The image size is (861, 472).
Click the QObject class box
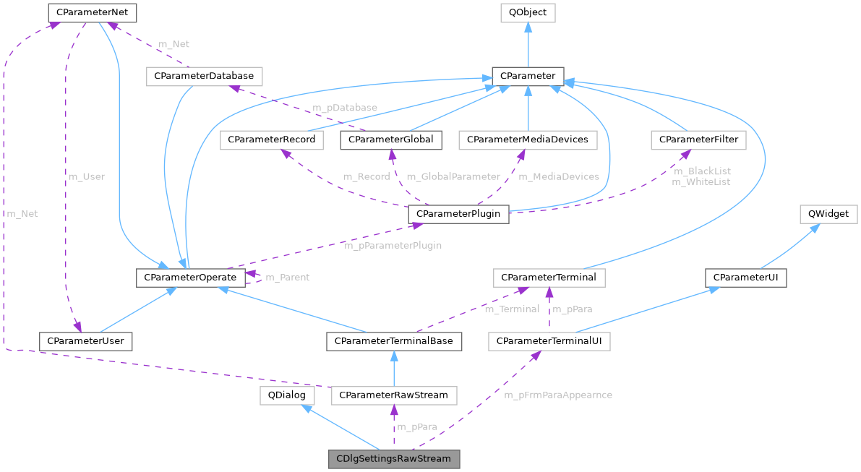(528, 12)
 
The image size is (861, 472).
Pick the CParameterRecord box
(272, 140)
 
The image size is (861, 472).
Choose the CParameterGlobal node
(391, 140)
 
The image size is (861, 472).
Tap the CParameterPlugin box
(459, 214)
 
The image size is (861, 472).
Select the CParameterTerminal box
(549, 278)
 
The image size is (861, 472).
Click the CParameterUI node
(746, 278)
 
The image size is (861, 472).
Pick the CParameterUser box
(87, 340)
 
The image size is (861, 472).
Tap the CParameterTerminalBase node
(393, 340)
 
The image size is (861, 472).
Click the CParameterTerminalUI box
(549, 340)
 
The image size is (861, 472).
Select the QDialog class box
(288, 395)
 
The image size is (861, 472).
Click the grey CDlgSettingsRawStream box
(393, 458)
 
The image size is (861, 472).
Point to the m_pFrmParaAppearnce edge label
(558, 395)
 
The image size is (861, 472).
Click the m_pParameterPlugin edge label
(393, 246)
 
